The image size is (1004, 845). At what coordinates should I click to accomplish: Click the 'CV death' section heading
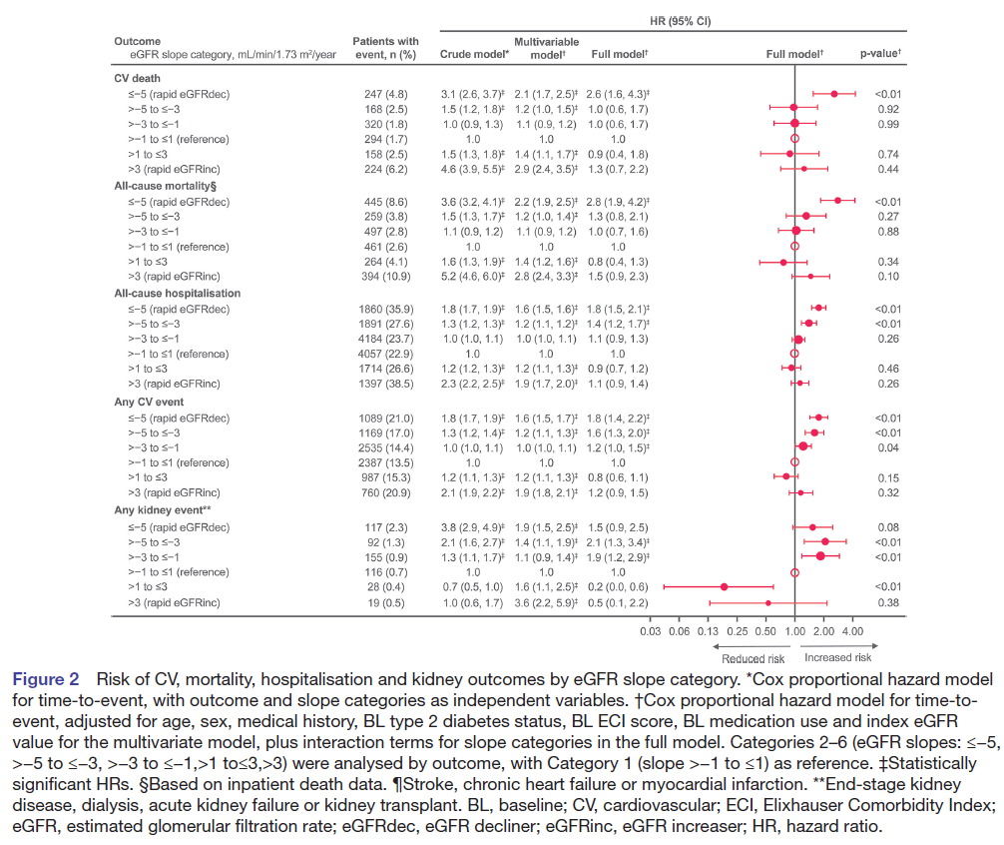(x=139, y=78)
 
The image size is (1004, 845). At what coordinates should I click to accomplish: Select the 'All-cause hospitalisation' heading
(x=176, y=294)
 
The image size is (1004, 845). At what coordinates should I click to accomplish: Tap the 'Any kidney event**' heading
(x=164, y=510)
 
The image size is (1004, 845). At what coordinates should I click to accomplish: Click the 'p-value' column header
(x=880, y=54)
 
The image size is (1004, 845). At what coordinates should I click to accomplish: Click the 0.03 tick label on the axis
(x=651, y=631)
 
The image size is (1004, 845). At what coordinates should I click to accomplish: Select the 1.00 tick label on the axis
(x=795, y=631)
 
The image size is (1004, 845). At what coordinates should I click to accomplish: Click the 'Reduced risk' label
(x=753, y=658)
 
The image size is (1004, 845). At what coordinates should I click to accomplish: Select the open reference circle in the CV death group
(x=795, y=139)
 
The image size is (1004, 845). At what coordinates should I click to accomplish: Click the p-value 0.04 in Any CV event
(x=887, y=447)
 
